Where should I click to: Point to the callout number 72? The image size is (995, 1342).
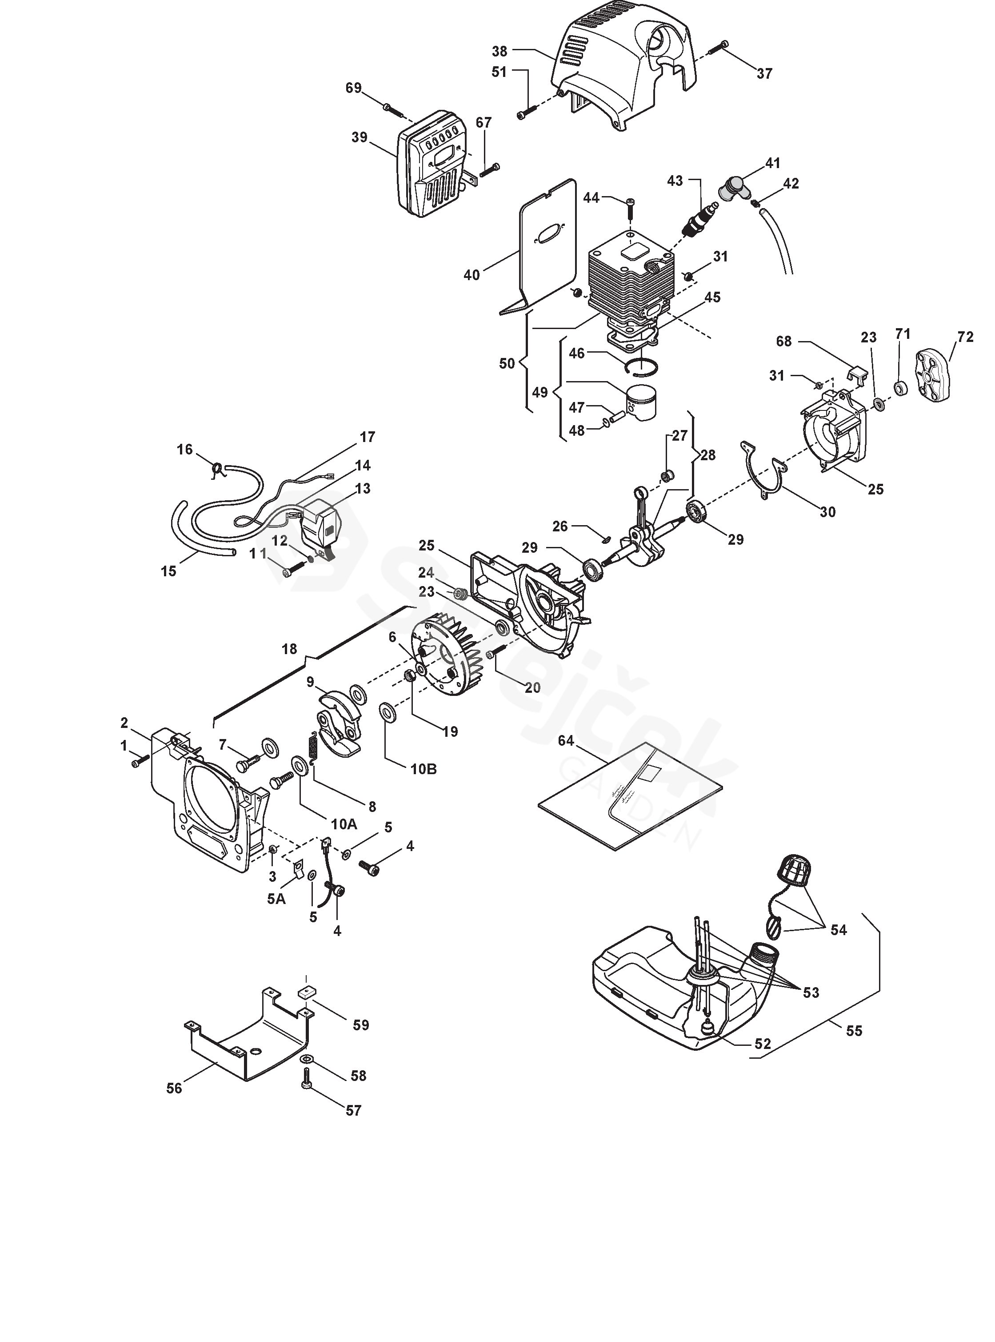pyautogui.click(x=965, y=337)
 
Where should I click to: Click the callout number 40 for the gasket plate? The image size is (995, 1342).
pyautogui.click(x=472, y=275)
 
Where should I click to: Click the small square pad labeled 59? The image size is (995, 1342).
pyautogui.click(x=307, y=992)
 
